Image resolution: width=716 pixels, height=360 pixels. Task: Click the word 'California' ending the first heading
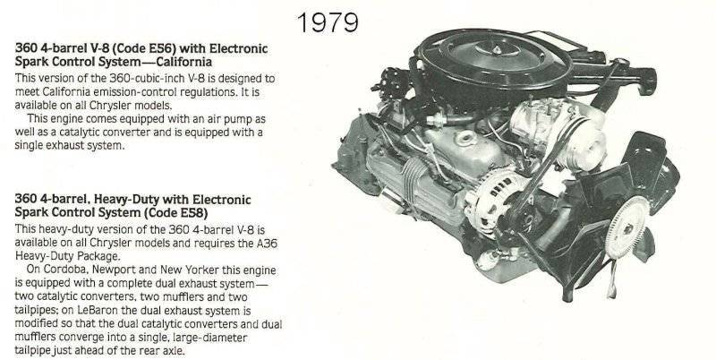tap(186, 62)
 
